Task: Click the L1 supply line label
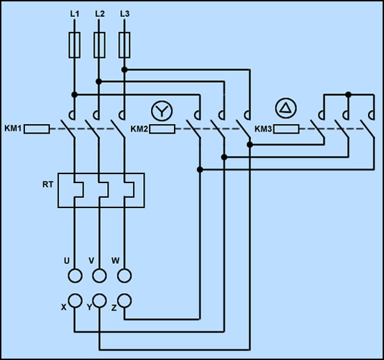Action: pos(74,14)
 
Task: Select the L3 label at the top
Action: pos(125,14)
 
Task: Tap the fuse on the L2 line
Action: pos(99,45)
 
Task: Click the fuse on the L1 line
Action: pos(74,45)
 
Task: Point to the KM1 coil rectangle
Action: pos(37,129)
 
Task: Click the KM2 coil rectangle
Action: pos(162,129)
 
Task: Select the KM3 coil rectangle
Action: pos(286,129)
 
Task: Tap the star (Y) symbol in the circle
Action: pos(162,111)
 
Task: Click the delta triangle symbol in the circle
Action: pos(286,109)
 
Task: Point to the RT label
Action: pos(48,185)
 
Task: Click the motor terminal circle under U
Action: pos(75,276)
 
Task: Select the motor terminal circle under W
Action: pos(125,276)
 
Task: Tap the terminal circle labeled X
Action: pos(75,301)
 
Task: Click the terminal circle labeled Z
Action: pos(125,301)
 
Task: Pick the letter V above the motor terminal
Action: pos(91,260)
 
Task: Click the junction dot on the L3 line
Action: pos(125,70)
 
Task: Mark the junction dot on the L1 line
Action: pos(74,95)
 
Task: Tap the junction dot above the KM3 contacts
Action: pos(349,94)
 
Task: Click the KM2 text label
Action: pos(139,129)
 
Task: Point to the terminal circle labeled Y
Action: pos(99,301)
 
